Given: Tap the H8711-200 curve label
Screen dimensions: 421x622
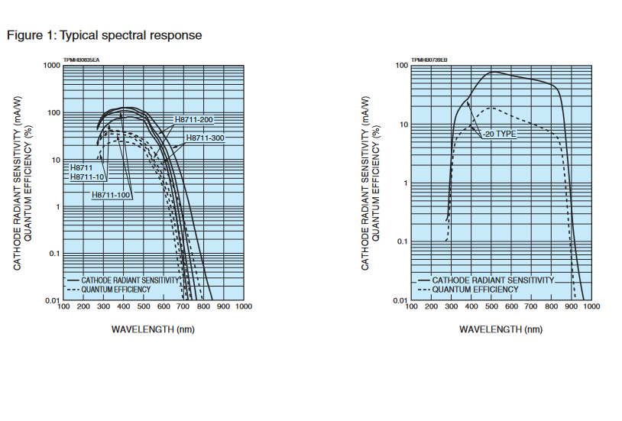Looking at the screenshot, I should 194,120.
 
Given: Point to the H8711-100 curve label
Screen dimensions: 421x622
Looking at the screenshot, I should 112,195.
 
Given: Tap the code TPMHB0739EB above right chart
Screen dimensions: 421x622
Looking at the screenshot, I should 429,60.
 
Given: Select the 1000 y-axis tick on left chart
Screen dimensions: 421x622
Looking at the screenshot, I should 52,66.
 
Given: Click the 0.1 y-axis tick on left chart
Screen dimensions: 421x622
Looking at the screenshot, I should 53,254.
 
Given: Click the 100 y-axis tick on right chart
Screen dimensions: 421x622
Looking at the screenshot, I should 402,66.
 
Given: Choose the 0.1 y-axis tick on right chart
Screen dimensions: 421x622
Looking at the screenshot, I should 402,242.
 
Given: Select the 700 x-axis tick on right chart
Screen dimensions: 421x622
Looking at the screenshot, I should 531,306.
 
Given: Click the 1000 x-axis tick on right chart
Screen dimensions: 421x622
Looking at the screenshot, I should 591,306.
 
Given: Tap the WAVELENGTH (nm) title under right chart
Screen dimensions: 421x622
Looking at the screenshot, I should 501,329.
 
